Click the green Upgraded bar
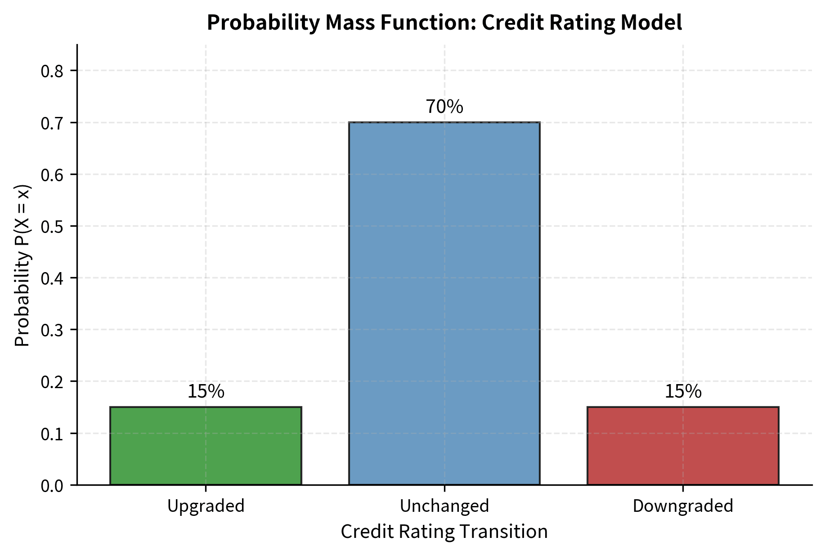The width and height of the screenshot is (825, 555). tap(206, 446)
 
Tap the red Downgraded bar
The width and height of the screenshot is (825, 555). tap(682, 446)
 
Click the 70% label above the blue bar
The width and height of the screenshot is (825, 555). tap(444, 107)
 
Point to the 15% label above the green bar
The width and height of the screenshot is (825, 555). tap(206, 392)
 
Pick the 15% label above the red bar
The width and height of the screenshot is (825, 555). tap(682, 392)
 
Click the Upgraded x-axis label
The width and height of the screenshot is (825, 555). tap(206, 506)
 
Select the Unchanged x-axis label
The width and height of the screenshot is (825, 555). tap(444, 506)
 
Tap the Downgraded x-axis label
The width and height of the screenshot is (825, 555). tap(682, 506)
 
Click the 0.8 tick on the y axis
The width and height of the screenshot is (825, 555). tap(53, 71)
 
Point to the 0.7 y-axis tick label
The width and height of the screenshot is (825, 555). tap(53, 123)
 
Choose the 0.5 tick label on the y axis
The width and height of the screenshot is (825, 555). tap(53, 226)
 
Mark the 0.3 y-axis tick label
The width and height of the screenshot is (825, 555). tap(53, 330)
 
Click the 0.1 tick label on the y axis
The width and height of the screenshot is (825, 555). tap(53, 434)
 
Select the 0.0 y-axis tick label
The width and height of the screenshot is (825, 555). tap(53, 486)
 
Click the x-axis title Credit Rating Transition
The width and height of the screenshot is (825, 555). tap(444, 532)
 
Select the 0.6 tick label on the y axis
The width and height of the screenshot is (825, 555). tap(53, 175)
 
